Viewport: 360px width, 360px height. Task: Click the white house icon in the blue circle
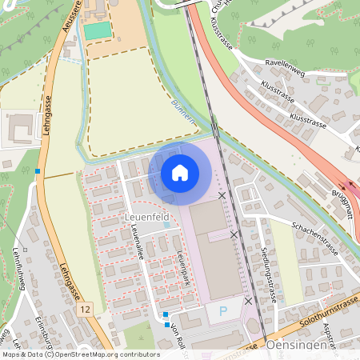180,172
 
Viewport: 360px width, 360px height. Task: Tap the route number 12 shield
86,308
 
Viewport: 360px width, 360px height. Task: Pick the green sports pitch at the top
98,30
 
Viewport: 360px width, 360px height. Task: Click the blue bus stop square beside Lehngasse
38,170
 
